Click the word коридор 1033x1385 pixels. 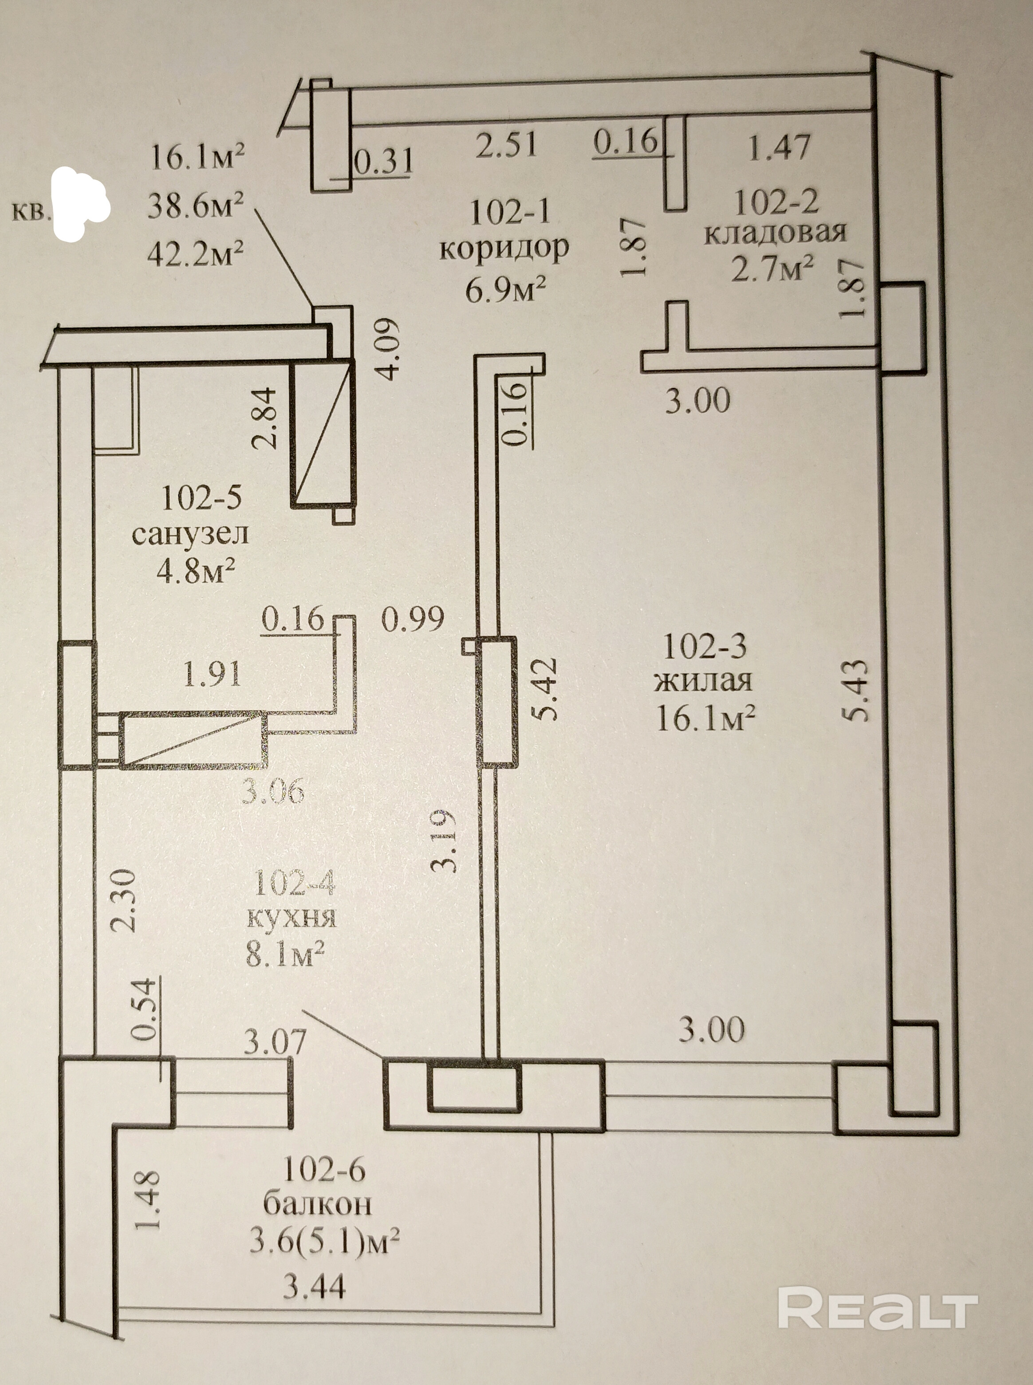click(504, 248)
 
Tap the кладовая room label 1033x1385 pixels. click(775, 233)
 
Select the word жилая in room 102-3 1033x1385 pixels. click(703, 681)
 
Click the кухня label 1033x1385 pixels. click(292, 917)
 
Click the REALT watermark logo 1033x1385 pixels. click(877, 1291)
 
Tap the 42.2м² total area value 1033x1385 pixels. click(196, 254)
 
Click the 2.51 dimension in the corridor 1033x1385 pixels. click(506, 143)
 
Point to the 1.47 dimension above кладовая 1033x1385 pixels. click(779, 148)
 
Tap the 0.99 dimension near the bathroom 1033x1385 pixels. click(413, 619)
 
